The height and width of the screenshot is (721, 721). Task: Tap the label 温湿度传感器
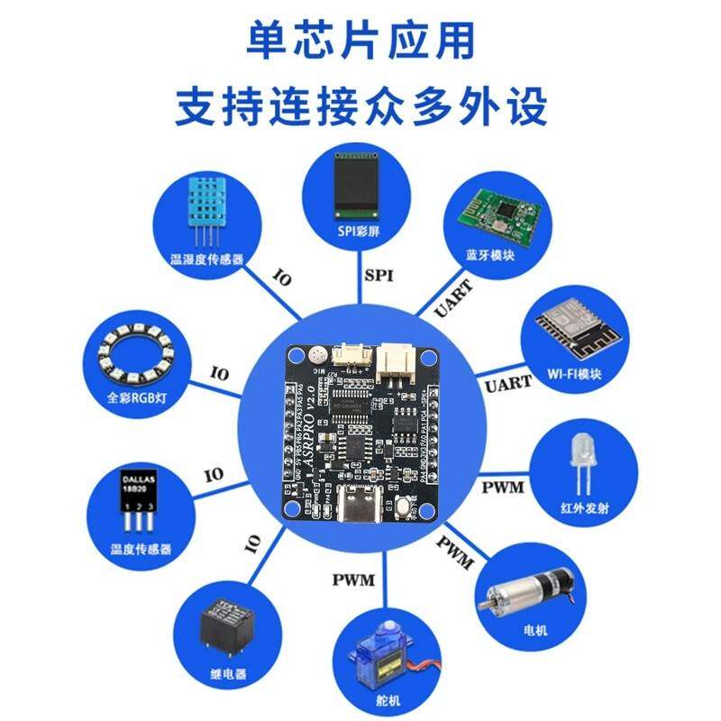pyautogui.click(x=206, y=259)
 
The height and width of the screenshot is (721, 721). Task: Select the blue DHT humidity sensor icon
pyautogui.click(x=206, y=208)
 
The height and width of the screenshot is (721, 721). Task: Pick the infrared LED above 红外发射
pyautogui.click(x=582, y=461)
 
